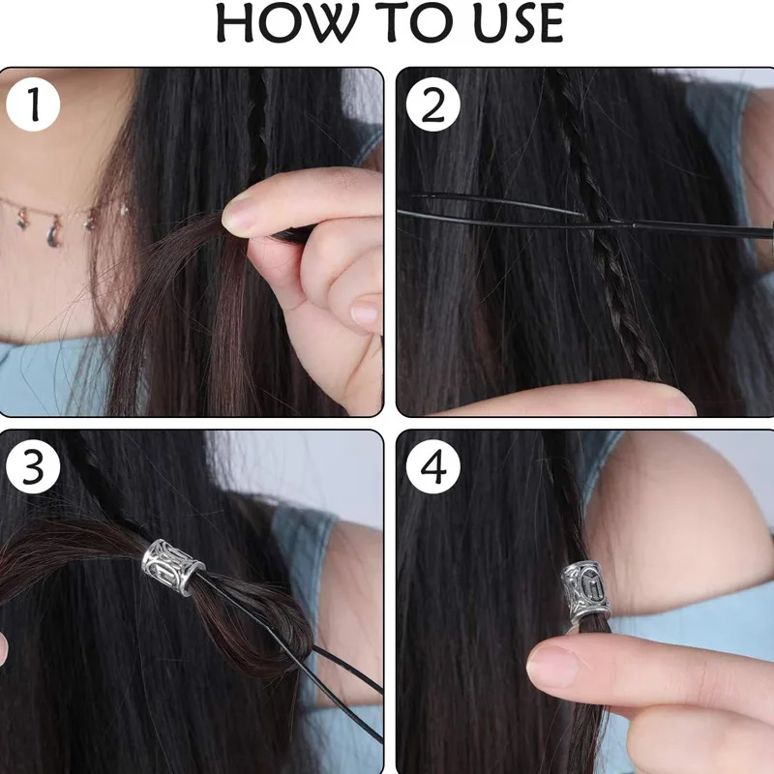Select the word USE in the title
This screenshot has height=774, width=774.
coord(519,23)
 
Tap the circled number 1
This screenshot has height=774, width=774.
coord(33,104)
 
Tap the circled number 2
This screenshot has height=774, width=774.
coord(432,104)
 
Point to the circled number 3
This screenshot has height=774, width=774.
coord(33,466)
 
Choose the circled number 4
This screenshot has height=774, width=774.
coord(432,466)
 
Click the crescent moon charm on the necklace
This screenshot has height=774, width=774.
coord(54,233)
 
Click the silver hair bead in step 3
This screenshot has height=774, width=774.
coord(173,566)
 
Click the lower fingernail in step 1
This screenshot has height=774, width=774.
coord(366,311)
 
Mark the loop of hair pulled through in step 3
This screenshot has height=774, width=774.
coord(256,617)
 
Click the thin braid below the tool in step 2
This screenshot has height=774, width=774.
coord(627,306)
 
